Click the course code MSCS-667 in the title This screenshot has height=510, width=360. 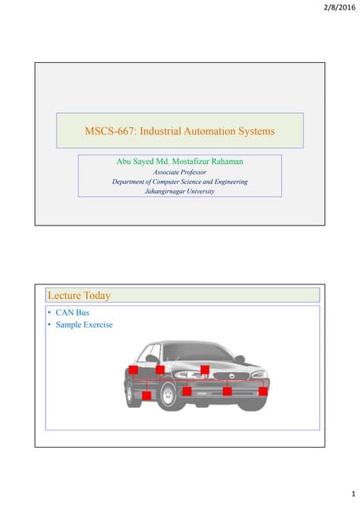[111, 129]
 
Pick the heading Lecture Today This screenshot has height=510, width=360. [80, 296]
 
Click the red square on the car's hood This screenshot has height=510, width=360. [205, 370]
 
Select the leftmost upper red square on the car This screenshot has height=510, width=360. [133, 370]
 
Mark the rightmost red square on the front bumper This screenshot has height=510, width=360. [263, 390]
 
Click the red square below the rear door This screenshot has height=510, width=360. [147, 395]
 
